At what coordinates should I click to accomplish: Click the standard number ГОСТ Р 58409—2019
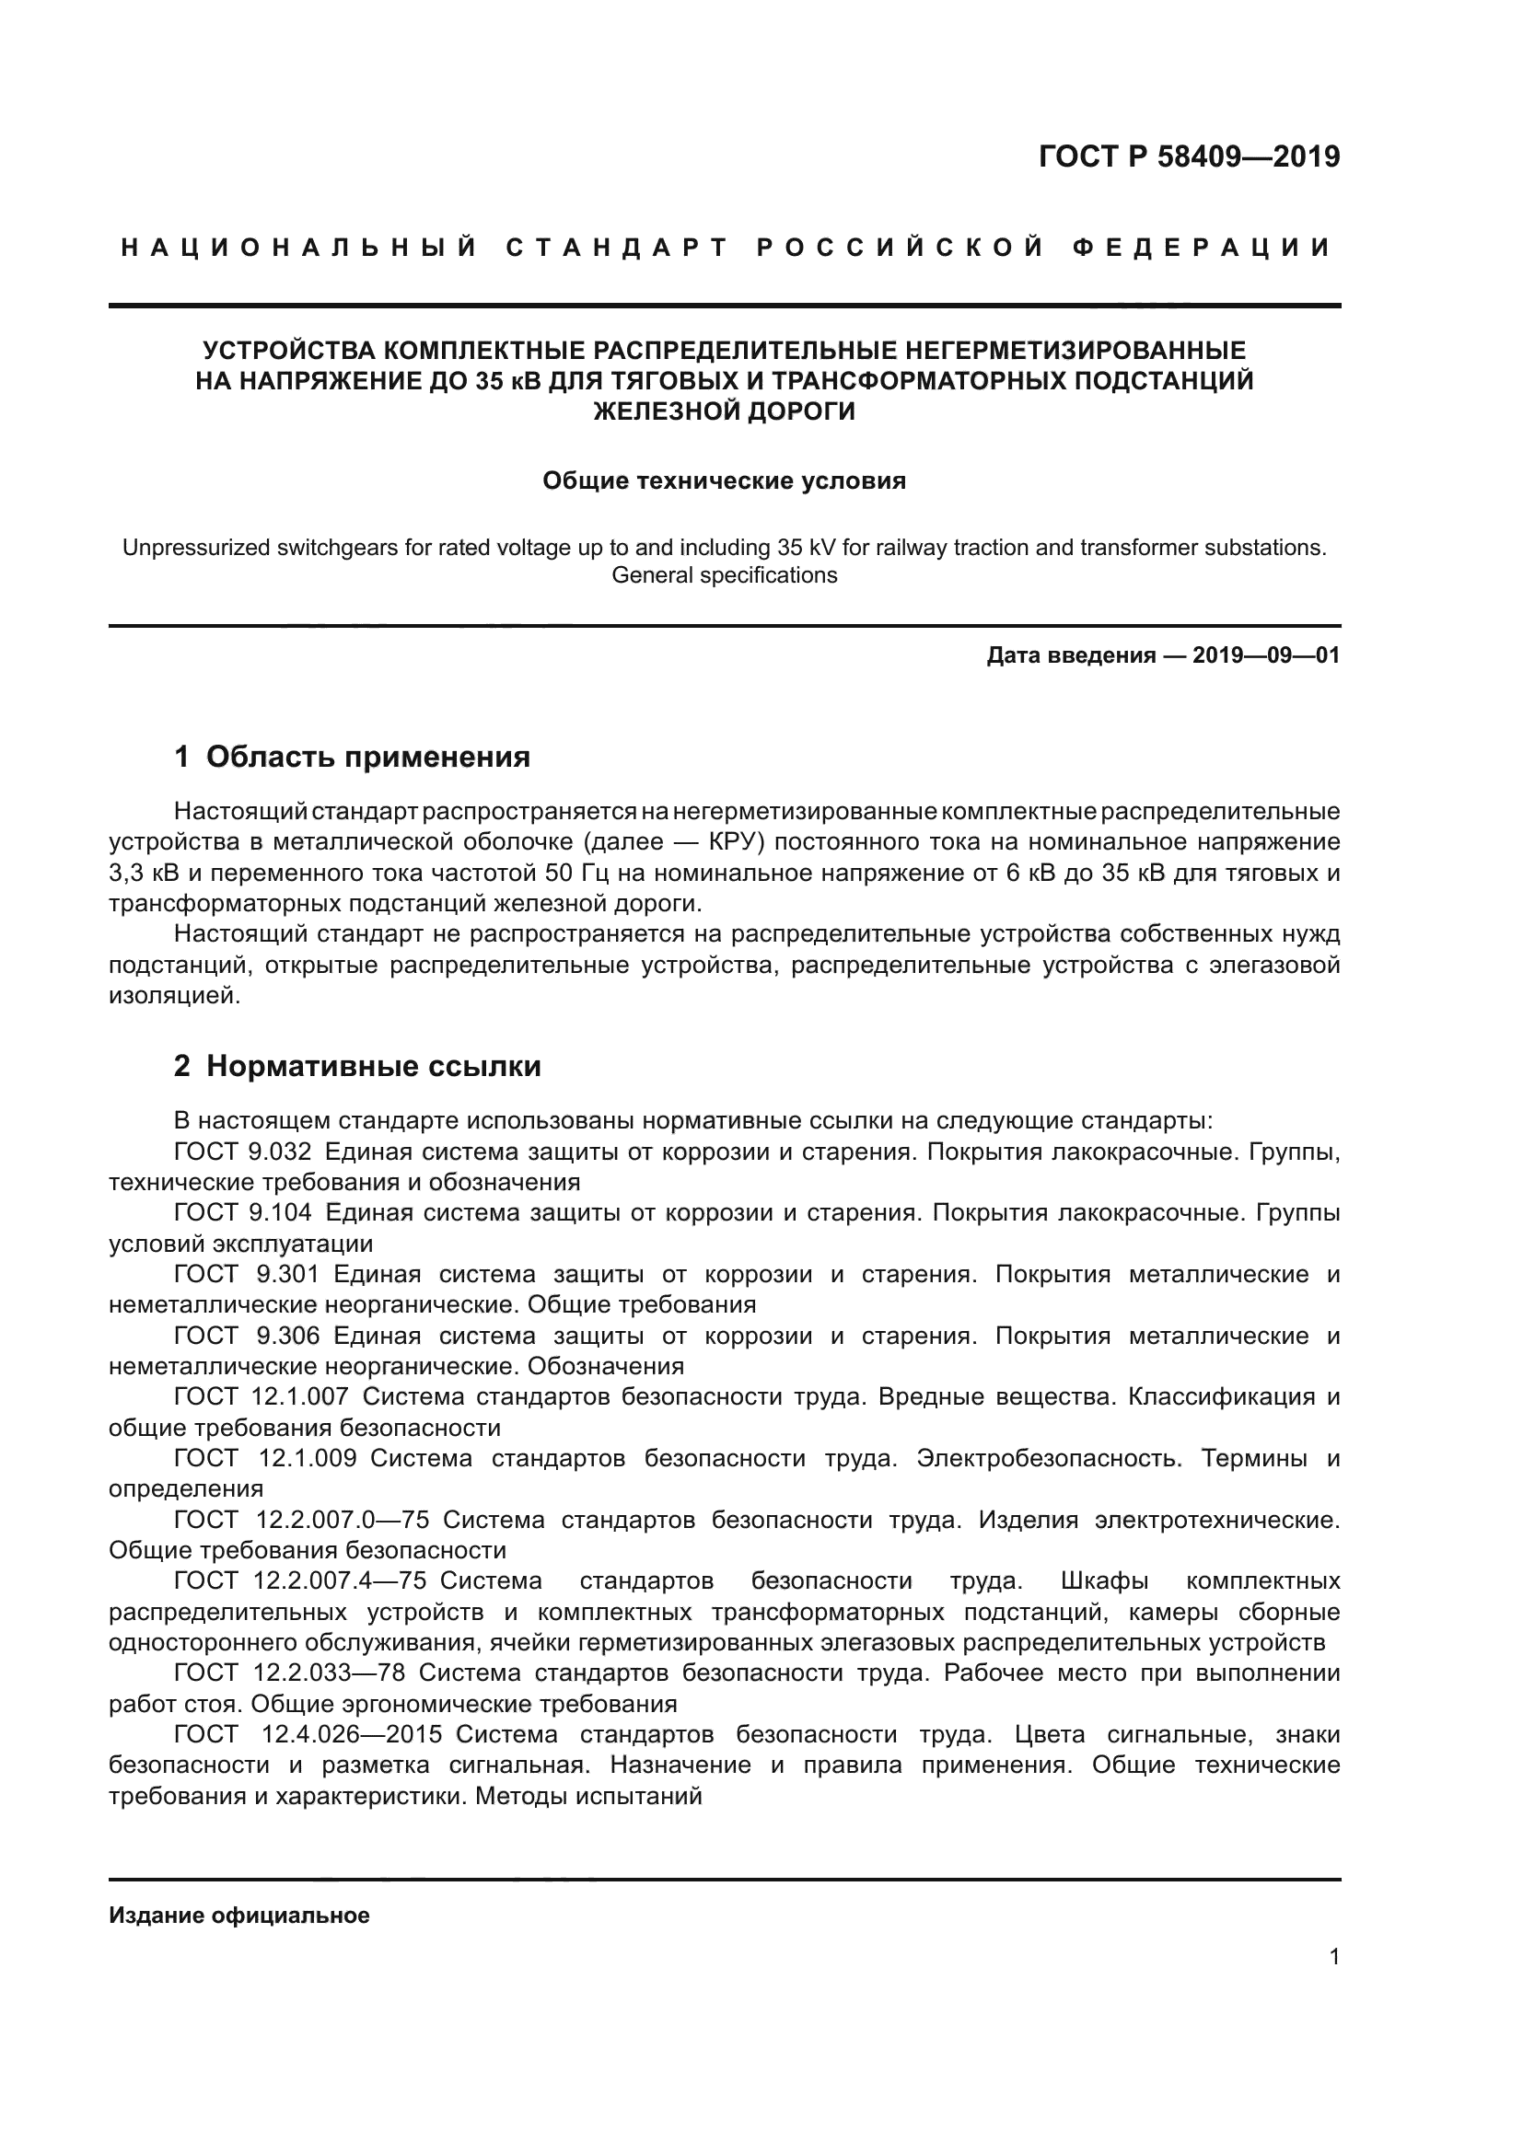pos(1188,156)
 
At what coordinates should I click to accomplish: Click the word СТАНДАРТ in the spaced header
pos(616,248)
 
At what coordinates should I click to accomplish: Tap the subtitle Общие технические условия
pos(724,481)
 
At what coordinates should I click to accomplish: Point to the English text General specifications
pos(724,574)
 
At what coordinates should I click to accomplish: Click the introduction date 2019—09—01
pos(1266,655)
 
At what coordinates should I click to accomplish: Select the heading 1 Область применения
pos(352,757)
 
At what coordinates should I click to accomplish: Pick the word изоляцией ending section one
pos(174,996)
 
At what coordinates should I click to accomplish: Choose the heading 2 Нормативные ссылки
pos(357,1066)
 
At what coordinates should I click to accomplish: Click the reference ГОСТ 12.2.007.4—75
pos(300,1581)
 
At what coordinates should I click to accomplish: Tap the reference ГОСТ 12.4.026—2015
pos(308,1735)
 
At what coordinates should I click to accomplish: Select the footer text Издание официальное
pos(239,1915)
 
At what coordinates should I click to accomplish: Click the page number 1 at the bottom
pos(1333,1956)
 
